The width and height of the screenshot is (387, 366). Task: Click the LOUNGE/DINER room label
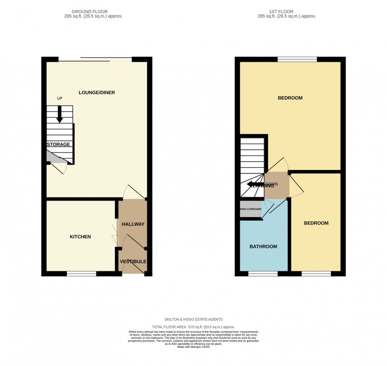tap(97, 93)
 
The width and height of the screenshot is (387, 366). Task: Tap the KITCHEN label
tap(80, 237)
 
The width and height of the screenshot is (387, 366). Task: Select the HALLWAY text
tap(133, 224)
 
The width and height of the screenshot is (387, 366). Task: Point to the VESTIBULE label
tap(133, 262)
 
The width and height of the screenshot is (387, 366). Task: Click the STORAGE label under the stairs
tap(58, 144)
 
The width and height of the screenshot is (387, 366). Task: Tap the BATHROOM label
tap(263, 246)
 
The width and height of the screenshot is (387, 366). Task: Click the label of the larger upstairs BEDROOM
tap(290, 98)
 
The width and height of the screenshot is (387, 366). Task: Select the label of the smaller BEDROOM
tap(316, 223)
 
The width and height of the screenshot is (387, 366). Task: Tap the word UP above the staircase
tap(59, 98)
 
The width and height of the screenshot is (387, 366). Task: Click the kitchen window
tap(81, 274)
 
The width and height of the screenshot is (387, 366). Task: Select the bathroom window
tap(263, 274)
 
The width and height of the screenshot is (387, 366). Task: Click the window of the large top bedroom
tap(297, 59)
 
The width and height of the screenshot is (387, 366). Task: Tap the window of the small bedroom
tap(316, 274)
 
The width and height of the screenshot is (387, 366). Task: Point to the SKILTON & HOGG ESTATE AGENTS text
tap(193, 319)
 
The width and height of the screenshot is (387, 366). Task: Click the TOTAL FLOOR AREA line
tap(193, 327)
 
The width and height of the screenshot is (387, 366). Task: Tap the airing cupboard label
tap(251, 209)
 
